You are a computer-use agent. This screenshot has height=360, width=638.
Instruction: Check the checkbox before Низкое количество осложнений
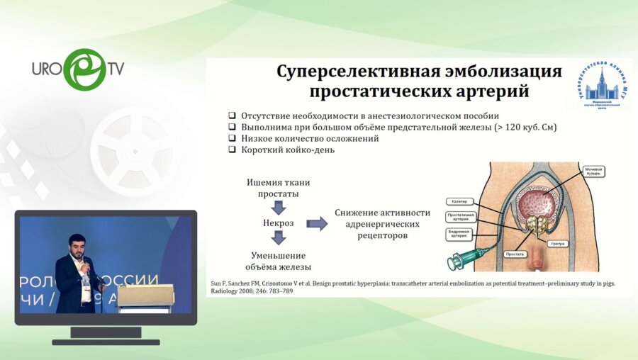pos(232,139)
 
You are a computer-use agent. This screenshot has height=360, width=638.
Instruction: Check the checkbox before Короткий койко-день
pos(232,150)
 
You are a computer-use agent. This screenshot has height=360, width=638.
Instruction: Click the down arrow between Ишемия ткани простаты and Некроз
pos(279,208)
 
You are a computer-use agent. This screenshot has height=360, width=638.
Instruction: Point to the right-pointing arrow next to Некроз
pos(317,224)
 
